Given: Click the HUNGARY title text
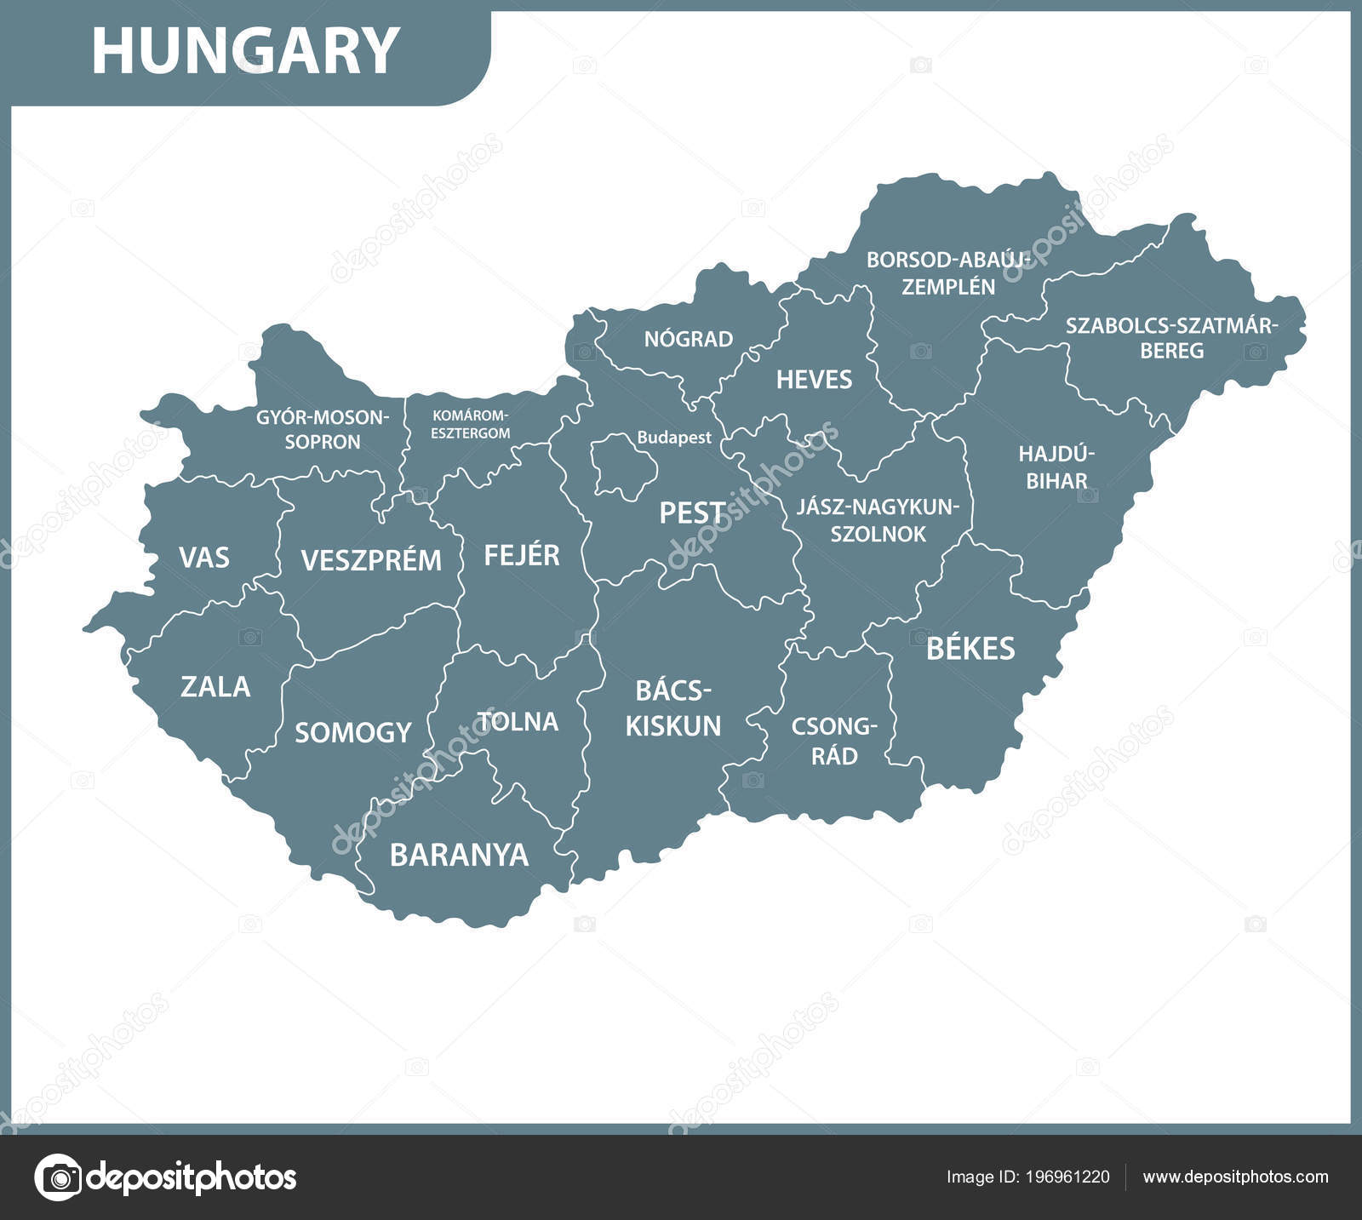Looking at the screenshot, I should (x=245, y=51).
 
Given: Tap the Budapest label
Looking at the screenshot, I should (x=674, y=438).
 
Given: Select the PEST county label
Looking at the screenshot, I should (x=693, y=513).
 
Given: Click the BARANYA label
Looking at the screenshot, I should (x=459, y=855).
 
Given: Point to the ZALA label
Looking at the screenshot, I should (x=215, y=686).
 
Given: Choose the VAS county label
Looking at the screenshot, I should (x=204, y=558).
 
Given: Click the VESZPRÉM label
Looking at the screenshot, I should (x=371, y=560).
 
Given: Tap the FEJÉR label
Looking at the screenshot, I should (x=522, y=555).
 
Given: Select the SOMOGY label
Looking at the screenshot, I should (x=352, y=732).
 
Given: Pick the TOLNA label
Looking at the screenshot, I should (x=518, y=722).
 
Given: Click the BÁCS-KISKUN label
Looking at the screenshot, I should (x=672, y=708).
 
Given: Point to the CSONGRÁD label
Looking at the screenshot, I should (x=833, y=741).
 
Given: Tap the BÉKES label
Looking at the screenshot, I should (x=970, y=649).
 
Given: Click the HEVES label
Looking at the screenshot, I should (x=814, y=380).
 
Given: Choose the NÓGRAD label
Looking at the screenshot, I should (x=688, y=339).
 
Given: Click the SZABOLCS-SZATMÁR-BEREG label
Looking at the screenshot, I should (x=1172, y=337).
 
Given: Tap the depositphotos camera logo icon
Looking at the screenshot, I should (x=58, y=1177).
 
